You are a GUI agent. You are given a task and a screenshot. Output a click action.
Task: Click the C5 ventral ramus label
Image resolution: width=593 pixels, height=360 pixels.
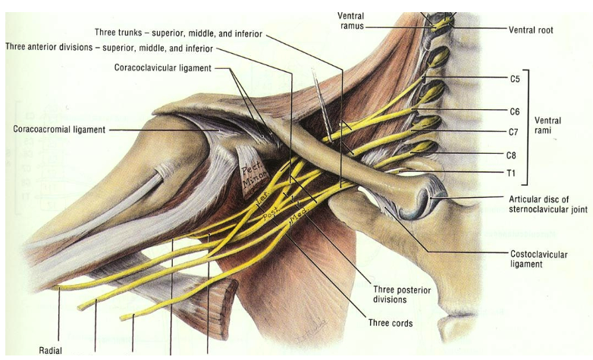coord(515,78)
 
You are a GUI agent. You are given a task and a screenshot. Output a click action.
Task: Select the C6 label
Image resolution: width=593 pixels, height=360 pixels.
coord(515,111)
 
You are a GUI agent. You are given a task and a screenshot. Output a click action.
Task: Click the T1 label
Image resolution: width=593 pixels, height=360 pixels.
coord(510,173)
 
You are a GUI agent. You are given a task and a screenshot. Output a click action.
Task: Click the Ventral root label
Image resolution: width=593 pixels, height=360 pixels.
coord(531,30)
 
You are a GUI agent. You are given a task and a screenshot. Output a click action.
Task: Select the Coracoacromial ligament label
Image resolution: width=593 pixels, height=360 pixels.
coord(59,129)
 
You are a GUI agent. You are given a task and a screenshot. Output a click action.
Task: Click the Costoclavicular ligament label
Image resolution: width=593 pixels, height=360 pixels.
coord(537,259)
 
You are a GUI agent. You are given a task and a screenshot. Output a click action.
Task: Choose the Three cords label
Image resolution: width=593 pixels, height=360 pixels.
coord(391,323)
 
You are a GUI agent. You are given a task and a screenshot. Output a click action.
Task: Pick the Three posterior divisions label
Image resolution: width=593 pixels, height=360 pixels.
coord(401,294)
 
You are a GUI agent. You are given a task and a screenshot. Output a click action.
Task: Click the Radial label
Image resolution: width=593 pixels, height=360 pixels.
coord(50,350)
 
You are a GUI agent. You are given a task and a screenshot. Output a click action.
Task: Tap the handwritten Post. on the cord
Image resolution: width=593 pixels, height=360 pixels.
coord(272,213)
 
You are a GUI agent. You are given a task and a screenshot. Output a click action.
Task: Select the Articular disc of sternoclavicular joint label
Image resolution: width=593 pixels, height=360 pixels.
coord(548,204)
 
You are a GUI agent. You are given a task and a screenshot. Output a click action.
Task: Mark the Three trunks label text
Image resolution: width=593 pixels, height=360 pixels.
coord(179,33)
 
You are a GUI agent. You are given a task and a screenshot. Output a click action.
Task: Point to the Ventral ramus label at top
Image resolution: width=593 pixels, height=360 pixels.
coord(352,20)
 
